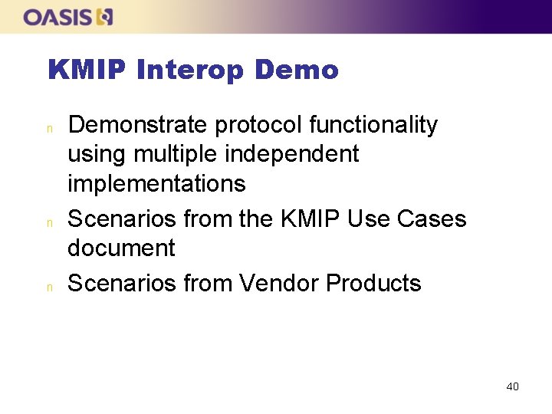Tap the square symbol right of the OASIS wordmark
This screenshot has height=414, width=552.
point(105,17)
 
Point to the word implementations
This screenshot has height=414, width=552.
point(156,184)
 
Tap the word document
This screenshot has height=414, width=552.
point(121,248)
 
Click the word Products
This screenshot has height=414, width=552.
point(373,284)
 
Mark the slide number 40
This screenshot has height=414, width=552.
point(512,386)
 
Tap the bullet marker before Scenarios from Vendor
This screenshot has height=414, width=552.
point(48,286)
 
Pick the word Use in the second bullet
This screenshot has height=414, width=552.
point(370,219)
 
